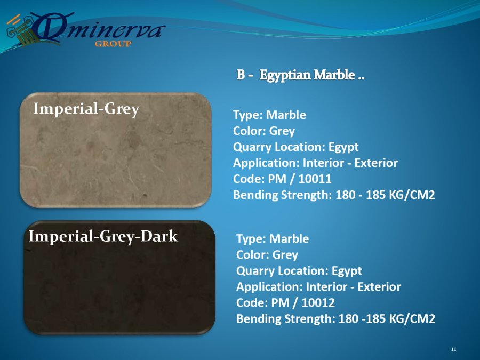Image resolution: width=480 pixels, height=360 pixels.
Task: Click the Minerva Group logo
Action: point(86,30)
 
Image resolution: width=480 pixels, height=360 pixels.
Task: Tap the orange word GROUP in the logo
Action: point(113,44)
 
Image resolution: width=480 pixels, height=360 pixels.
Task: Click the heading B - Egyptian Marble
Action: point(300,75)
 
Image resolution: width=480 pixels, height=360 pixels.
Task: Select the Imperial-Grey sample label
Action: point(86,109)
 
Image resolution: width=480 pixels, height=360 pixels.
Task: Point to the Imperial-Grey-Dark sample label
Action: point(103,237)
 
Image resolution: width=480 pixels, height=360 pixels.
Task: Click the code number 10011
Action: point(315,179)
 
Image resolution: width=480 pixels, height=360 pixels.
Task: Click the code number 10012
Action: point(318,303)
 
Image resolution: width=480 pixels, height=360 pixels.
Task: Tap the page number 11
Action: point(454,349)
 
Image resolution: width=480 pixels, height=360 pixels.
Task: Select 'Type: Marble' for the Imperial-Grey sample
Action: point(269,115)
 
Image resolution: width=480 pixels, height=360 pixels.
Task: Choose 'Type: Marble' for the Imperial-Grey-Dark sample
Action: point(273,239)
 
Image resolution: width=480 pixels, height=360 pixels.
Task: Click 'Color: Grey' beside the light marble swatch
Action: point(264,131)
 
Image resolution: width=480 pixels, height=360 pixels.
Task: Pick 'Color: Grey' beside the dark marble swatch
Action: point(267,255)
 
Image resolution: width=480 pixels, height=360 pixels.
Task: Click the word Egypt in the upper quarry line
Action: point(343,147)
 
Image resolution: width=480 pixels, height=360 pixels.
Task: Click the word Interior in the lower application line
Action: point(326,287)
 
